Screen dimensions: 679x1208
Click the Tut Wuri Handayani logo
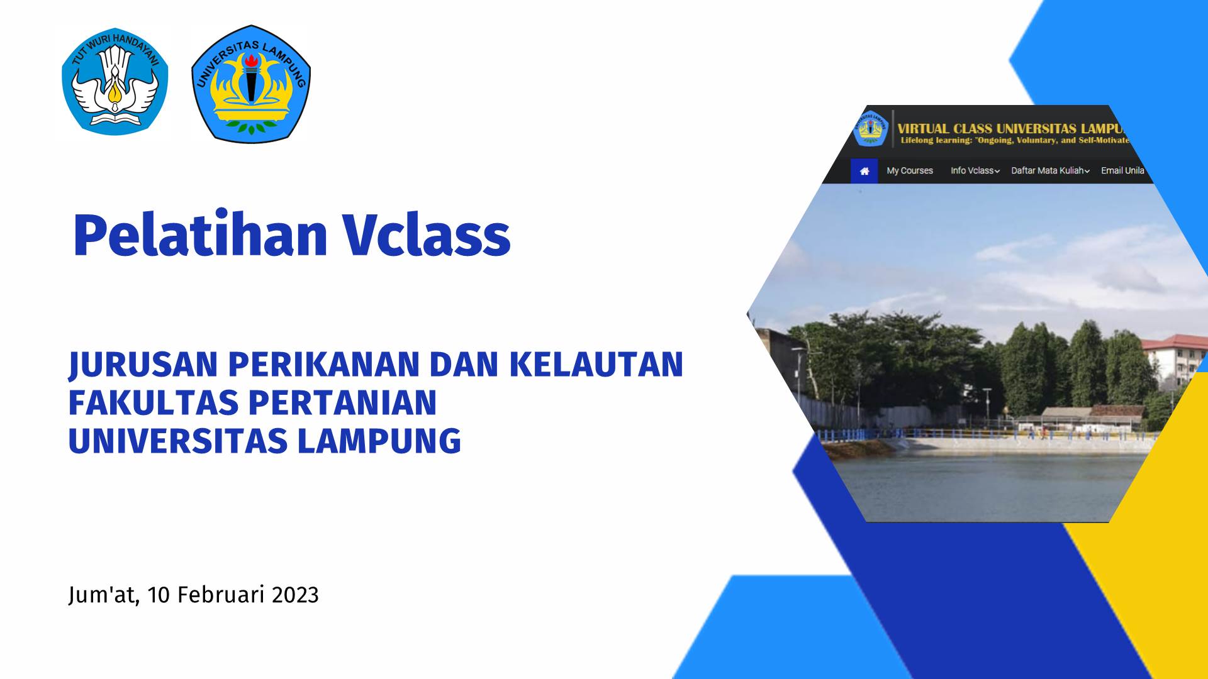point(115,82)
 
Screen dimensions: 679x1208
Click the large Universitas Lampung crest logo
point(251,84)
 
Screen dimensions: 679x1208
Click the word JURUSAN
point(143,365)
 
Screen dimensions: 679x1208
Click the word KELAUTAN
point(596,365)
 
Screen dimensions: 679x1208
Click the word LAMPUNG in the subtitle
point(379,441)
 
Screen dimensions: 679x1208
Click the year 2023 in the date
point(296,595)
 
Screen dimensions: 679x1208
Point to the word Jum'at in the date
point(103,595)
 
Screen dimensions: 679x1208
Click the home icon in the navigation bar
point(864,171)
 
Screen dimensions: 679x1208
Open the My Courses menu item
point(910,171)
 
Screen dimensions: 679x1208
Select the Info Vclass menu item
point(975,171)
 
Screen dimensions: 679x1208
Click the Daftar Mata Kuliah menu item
point(1050,171)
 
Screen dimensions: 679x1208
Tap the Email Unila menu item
point(1122,171)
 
